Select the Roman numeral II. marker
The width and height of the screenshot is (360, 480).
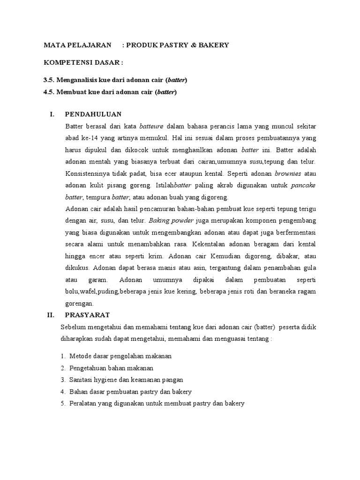tap(52, 315)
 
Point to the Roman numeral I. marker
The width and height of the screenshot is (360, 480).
tap(52, 114)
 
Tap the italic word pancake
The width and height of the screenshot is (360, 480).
tap(303, 185)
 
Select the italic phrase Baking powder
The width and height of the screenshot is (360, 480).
tap(167, 220)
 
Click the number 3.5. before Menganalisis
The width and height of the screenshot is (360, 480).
tap(49, 80)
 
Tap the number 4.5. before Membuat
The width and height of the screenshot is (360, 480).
tap(49, 91)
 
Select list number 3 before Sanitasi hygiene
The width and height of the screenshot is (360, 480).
tap(62, 380)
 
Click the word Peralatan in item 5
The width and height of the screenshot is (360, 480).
tap(83, 403)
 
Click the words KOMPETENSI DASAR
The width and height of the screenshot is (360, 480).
tap(83, 62)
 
